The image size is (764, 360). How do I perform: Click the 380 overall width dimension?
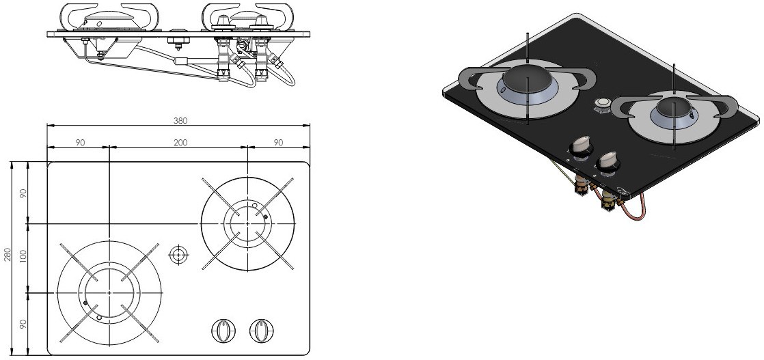click(180, 121)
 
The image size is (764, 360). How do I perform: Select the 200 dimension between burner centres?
click(180, 143)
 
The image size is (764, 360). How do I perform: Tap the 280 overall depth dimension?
click(8, 258)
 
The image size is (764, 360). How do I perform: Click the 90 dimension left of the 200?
click(81, 143)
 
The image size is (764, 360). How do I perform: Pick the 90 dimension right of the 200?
click(279, 143)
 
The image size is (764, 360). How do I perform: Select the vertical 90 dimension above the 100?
click(23, 193)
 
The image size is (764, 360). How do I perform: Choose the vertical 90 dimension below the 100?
click(23, 324)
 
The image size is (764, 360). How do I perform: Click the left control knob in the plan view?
click(223, 331)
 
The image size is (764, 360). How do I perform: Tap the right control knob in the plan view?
click(262, 331)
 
